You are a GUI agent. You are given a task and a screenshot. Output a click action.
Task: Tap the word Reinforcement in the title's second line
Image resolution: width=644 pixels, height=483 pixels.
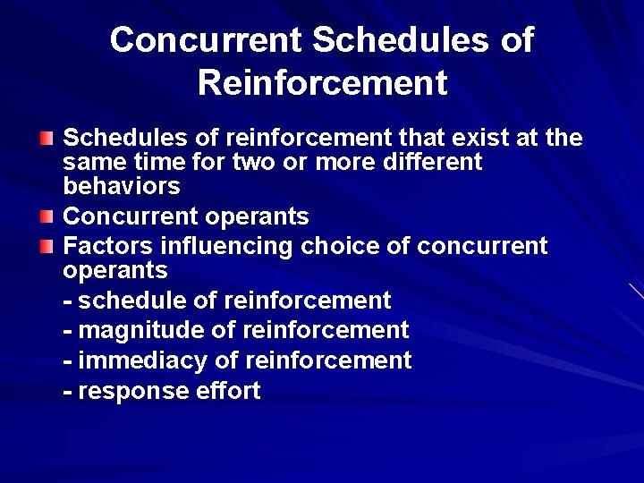click(322, 83)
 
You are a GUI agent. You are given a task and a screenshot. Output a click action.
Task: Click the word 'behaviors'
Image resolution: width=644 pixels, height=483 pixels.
click(122, 187)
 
